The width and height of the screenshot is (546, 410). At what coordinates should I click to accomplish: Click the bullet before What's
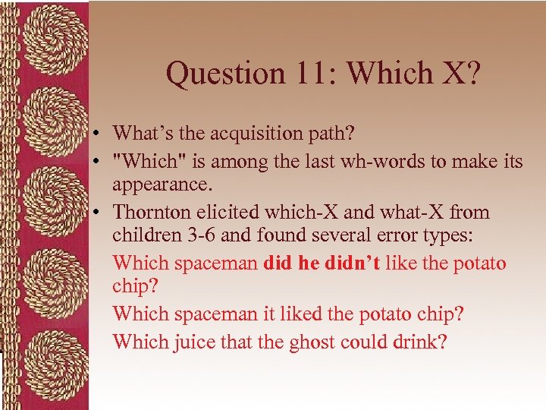coord(99,134)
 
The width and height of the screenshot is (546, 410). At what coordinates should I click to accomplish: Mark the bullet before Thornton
coord(99,213)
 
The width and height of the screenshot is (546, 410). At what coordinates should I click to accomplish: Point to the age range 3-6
coord(196,237)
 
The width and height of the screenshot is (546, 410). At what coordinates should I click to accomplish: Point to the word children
coord(144,237)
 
